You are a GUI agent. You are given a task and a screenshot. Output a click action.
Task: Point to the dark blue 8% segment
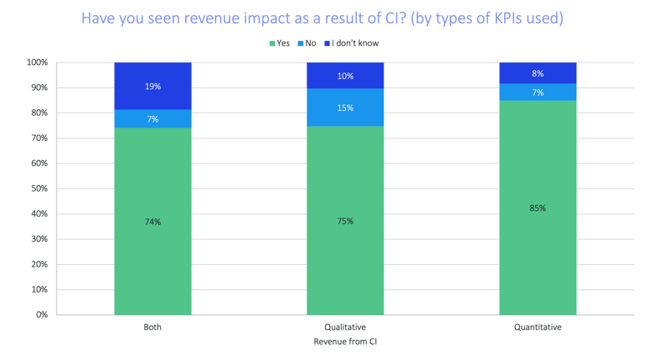pos(537,72)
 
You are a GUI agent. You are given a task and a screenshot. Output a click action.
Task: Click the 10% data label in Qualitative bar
pos(345,76)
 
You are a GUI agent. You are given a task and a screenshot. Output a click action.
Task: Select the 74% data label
pos(153,221)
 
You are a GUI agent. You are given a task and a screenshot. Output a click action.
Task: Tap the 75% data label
pos(345,221)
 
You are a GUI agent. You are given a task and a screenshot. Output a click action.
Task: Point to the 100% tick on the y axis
pos(37,62)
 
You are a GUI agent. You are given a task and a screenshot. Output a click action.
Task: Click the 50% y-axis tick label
pos(38,188)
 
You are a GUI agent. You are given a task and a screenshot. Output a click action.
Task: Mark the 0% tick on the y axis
pos(42,315)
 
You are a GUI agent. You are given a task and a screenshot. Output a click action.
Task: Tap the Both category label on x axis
pos(153,327)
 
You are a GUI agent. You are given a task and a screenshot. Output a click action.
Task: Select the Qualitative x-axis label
pos(345,327)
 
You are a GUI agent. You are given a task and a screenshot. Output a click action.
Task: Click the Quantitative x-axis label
pos(537,327)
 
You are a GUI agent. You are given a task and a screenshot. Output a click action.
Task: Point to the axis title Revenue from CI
pos(344,342)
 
